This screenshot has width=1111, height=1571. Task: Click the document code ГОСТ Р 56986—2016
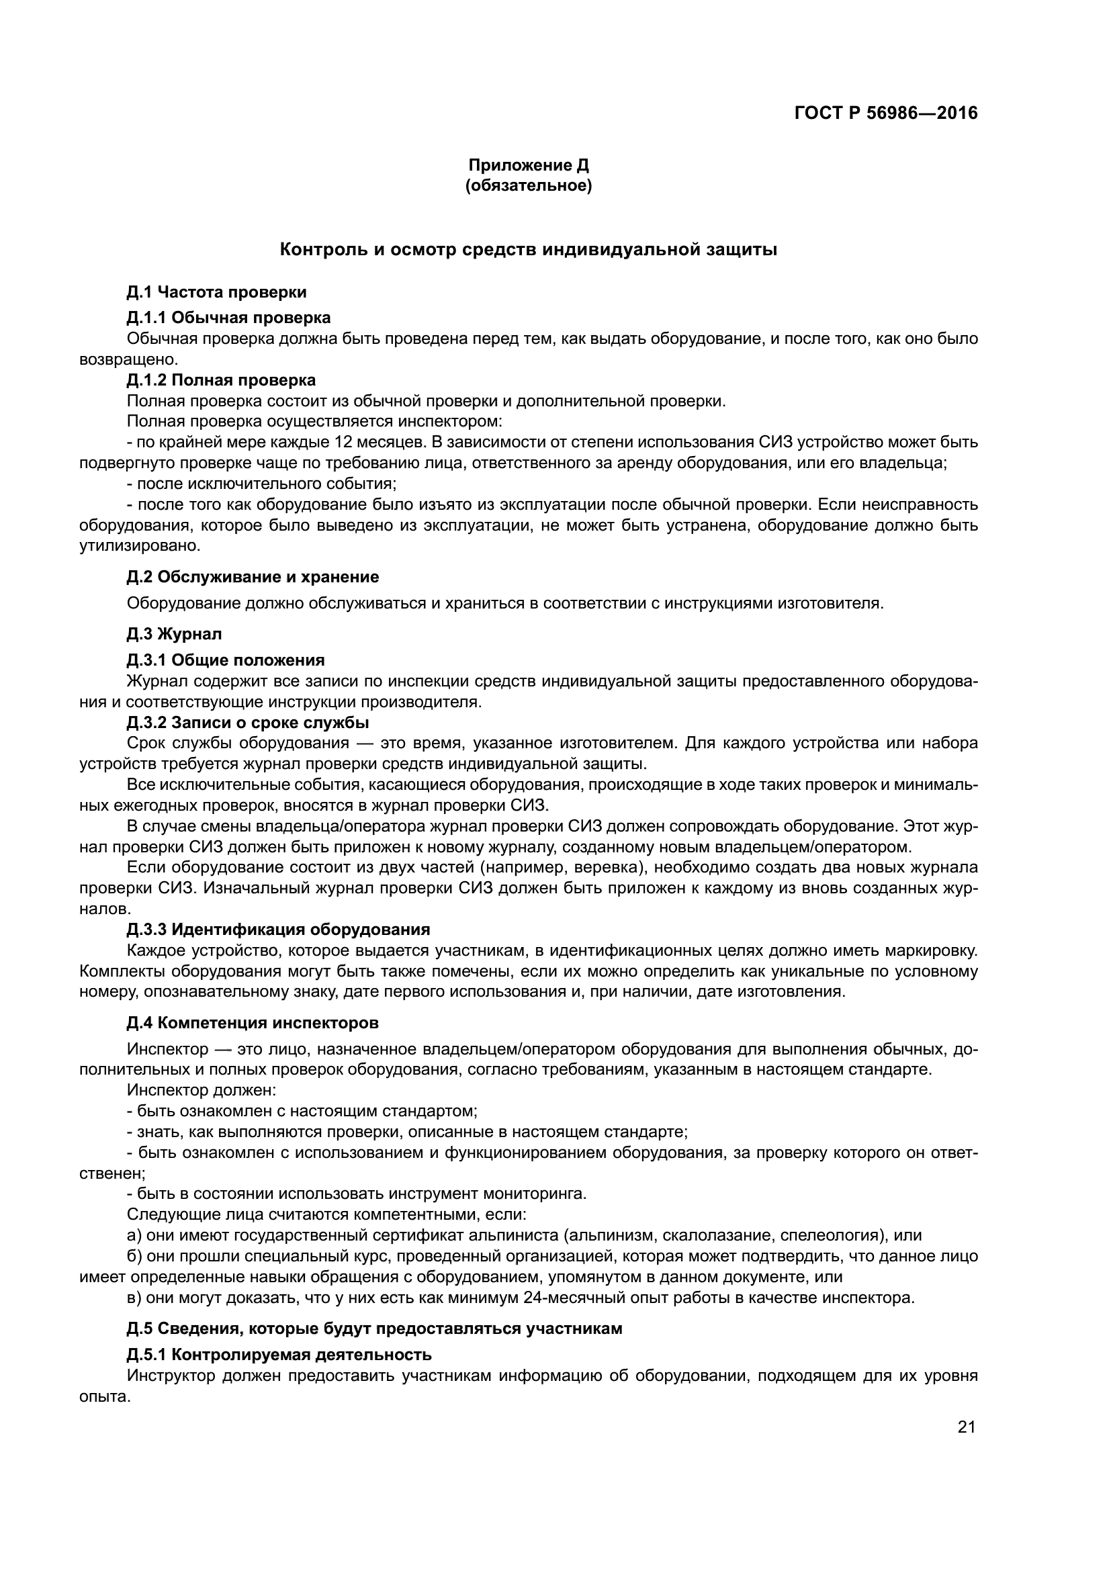point(886,114)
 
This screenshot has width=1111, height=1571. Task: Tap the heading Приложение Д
point(528,165)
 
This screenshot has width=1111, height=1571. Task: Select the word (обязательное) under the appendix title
point(528,185)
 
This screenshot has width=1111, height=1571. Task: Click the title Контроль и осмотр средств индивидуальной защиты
point(528,250)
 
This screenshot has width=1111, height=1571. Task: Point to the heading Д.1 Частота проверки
point(216,292)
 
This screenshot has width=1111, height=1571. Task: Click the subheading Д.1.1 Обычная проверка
point(228,318)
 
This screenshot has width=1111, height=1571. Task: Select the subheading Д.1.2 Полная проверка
point(221,379)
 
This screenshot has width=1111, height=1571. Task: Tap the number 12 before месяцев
point(345,443)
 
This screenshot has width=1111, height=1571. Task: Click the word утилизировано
point(140,546)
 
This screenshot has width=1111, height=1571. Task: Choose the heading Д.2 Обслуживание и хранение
point(253,577)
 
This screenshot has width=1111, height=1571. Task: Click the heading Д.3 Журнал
point(174,633)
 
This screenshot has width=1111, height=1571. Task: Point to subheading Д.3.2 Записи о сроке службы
point(248,723)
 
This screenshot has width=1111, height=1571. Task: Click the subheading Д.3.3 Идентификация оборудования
point(278,930)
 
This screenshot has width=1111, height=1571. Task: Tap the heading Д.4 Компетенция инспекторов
point(253,1023)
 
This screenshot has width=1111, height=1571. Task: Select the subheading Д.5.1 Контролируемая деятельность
point(279,1355)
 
